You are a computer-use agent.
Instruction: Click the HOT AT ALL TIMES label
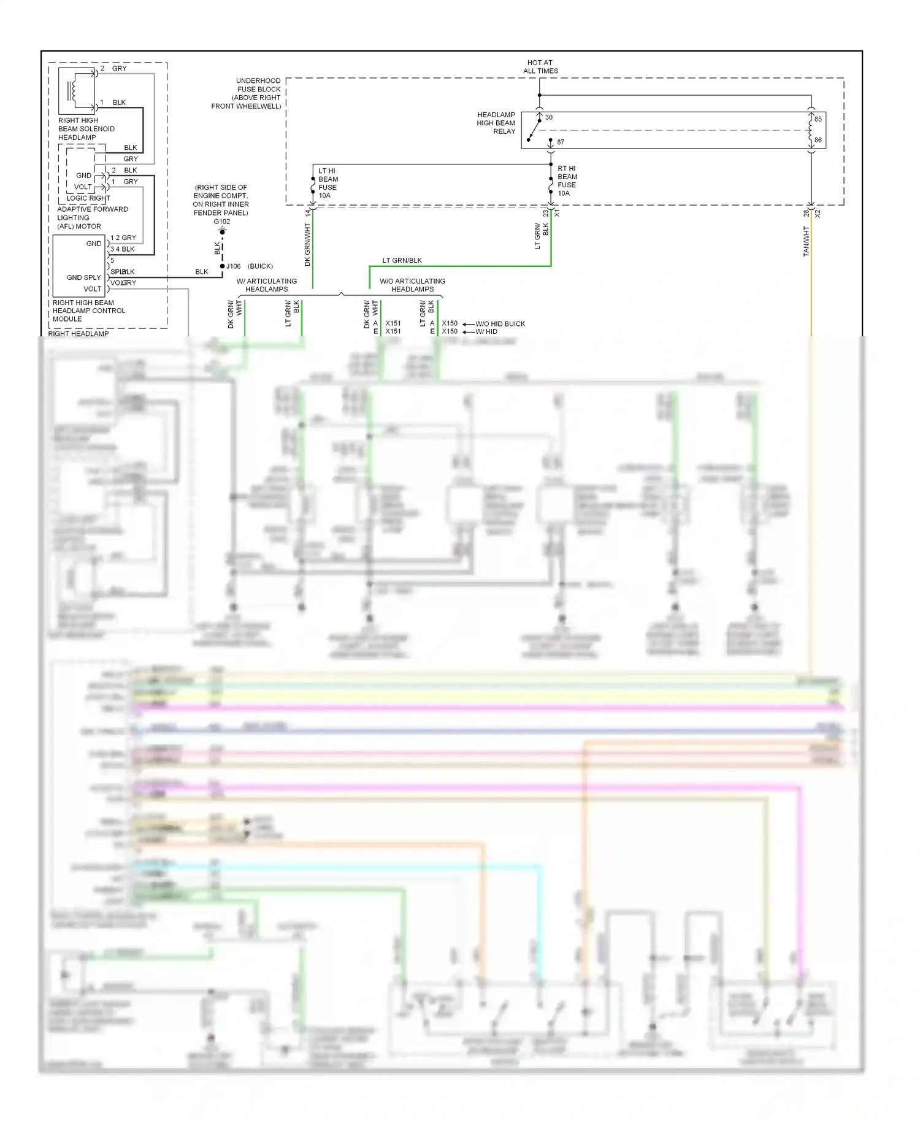pyautogui.click(x=540, y=67)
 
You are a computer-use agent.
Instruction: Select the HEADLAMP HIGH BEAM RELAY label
pyautogui.click(x=496, y=123)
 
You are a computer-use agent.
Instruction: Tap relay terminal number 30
pyautogui.click(x=548, y=117)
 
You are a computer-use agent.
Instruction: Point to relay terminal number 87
pyautogui.click(x=561, y=142)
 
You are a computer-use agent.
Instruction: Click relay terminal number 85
pyautogui.click(x=818, y=119)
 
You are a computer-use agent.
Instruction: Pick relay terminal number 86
pyautogui.click(x=818, y=140)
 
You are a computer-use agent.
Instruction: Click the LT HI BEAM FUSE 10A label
pyautogui.click(x=328, y=183)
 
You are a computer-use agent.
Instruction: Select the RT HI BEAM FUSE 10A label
pyautogui.click(x=567, y=180)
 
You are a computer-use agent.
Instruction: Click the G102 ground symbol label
pyautogui.click(x=222, y=222)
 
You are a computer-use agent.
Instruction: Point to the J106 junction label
pyautogui.click(x=234, y=266)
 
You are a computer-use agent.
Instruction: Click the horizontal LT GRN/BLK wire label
pyautogui.click(x=402, y=260)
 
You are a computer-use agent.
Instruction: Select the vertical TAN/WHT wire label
pyautogui.click(x=806, y=241)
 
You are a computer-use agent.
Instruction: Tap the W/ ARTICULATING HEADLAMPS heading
pyautogui.click(x=267, y=285)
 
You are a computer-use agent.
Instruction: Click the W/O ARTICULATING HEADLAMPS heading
pyautogui.click(x=412, y=285)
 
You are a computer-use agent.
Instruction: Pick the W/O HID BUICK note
pyautogui.click(x=500, y=323)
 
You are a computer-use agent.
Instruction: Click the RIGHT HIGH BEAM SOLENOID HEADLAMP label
pyautogui.click(x=86, y=129)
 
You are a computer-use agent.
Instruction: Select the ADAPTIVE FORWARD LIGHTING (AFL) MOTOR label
pyautogui.click(x=92, y=217)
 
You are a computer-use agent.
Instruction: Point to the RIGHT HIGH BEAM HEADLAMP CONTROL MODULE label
pyautogui.click(x=88, y=311)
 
